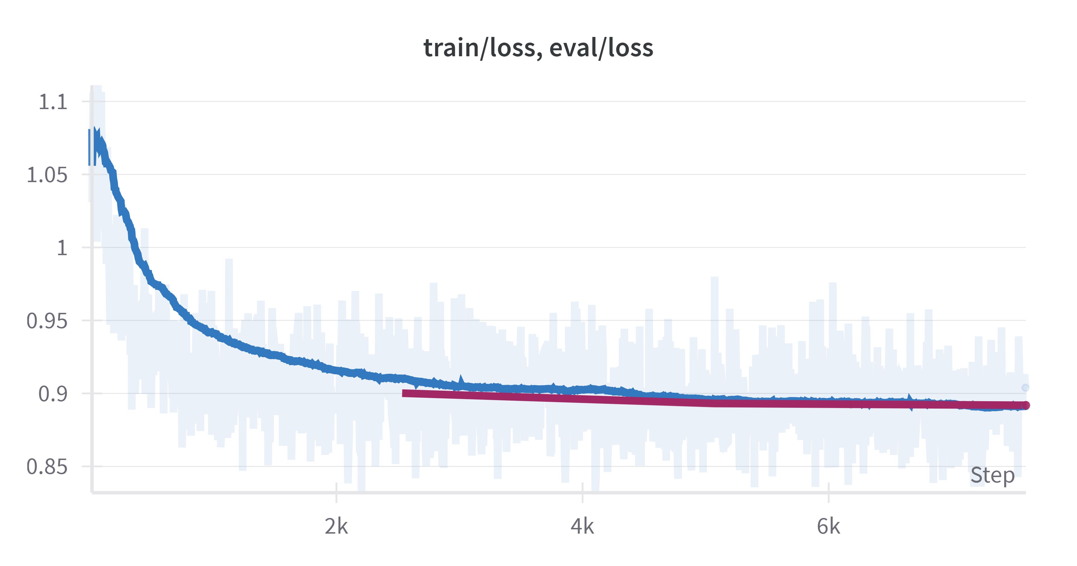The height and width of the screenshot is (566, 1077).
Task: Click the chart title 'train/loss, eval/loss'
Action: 538,48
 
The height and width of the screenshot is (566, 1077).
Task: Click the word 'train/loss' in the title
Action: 479,48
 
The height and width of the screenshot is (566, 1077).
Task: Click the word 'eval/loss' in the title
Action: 601,48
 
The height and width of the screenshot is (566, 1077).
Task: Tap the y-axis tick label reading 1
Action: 62,248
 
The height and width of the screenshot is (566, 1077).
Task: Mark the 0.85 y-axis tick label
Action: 47,467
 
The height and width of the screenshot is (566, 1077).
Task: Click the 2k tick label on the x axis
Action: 336,526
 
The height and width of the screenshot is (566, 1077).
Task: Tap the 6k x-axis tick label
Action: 828,526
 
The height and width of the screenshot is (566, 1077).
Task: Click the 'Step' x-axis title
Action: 992,475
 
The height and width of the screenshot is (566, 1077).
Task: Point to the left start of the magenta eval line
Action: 404,393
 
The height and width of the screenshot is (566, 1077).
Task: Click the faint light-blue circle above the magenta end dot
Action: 1025,388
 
